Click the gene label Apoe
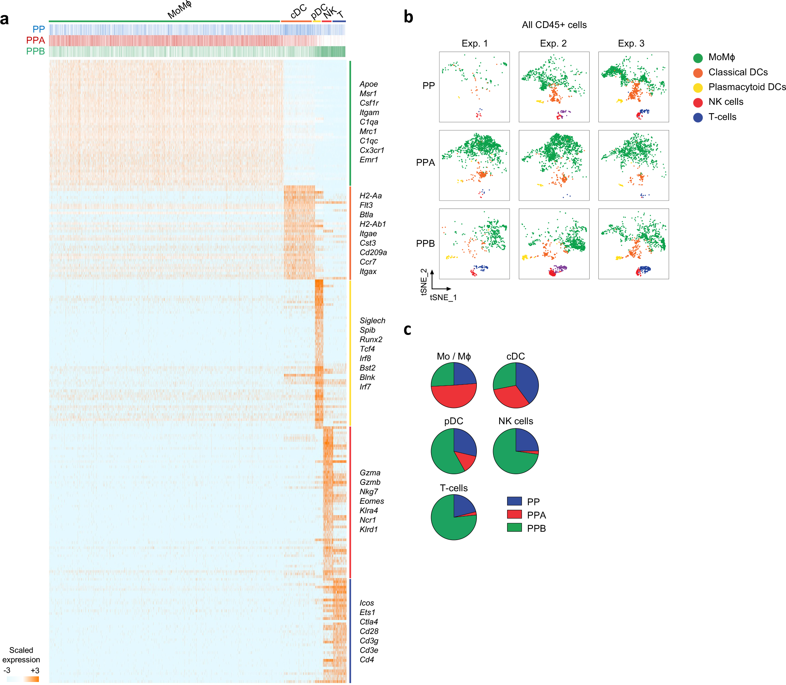[x=368, y=84]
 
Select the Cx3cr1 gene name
[x=372, y=150]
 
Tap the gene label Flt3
[x=366, y=205]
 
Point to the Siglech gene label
[x=372, y=321]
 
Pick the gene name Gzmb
[x=370, y=483]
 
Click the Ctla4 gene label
[x=369, y=622]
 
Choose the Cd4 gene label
[x=367, y=660]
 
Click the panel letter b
[x=408, y=17]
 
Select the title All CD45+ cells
[x=554, y=25]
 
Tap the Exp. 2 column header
[x=553, y=44]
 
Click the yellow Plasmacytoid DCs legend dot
[x=698, y=87]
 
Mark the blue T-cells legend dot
[x=698, y=117]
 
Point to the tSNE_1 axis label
[x=443, y=297]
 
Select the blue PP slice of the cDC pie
[x=528, y=380]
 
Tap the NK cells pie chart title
[x=515, y=421]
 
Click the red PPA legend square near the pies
[x=514, y=515]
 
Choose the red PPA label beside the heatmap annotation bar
[x=36, y=40]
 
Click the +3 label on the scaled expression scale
[x=35, y=671]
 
